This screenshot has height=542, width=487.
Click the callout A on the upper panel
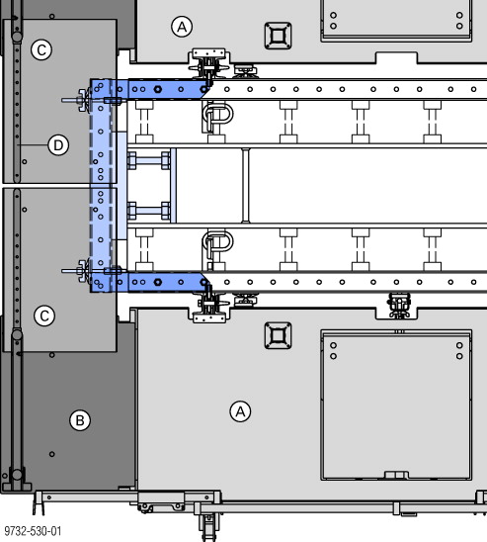182,27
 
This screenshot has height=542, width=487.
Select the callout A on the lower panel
241,411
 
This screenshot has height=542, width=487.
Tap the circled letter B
80,420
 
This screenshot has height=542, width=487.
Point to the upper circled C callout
41,49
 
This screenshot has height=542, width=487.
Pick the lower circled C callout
44,316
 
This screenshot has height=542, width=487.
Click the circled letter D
58,145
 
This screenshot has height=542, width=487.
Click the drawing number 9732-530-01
33,531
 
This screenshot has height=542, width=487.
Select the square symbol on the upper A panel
278,36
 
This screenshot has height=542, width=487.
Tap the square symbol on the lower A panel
278,335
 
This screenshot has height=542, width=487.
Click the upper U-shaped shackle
217,114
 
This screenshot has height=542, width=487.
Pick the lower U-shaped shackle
217,241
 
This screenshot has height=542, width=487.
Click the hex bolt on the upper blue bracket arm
157,89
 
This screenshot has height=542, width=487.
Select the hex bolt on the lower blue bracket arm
157,282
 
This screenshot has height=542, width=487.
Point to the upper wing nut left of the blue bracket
82,100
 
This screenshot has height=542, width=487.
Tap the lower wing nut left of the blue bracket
82,271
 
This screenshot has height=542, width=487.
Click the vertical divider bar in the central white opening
245,186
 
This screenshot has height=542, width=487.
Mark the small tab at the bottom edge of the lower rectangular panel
396,475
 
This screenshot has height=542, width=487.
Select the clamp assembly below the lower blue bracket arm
208,307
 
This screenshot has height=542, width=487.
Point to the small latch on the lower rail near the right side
399,305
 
